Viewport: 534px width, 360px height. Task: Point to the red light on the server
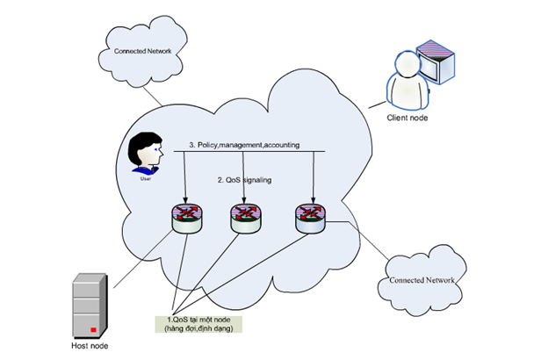click(x=91, y=329)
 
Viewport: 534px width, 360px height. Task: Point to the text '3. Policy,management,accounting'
click(x=242, y=145)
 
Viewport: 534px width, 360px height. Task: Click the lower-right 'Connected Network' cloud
click(x=417, y=280)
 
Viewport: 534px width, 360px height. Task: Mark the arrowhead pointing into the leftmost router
click(x=186, y=200)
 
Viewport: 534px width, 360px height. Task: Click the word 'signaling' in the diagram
click(x=256, y=180)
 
